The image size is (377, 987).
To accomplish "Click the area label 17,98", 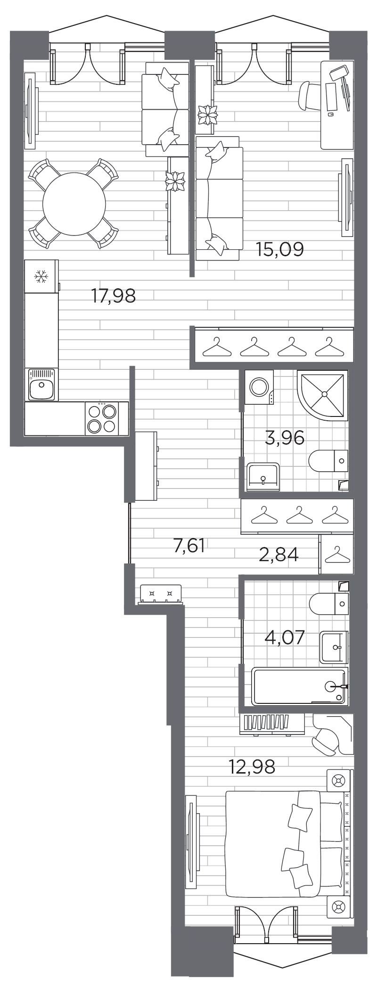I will tap(114, 296).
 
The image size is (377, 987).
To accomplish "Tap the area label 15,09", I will tap(279, 248).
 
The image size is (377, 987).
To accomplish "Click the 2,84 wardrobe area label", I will tap(279, 555).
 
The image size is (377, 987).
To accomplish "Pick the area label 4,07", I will tap(284, 638).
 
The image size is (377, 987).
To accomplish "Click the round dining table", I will tap(74, 204).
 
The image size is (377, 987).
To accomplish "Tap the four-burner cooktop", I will tap(102, 418).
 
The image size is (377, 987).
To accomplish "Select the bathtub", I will tap(299, 686).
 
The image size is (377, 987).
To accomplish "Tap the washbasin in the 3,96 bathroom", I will tap(263, 476).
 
